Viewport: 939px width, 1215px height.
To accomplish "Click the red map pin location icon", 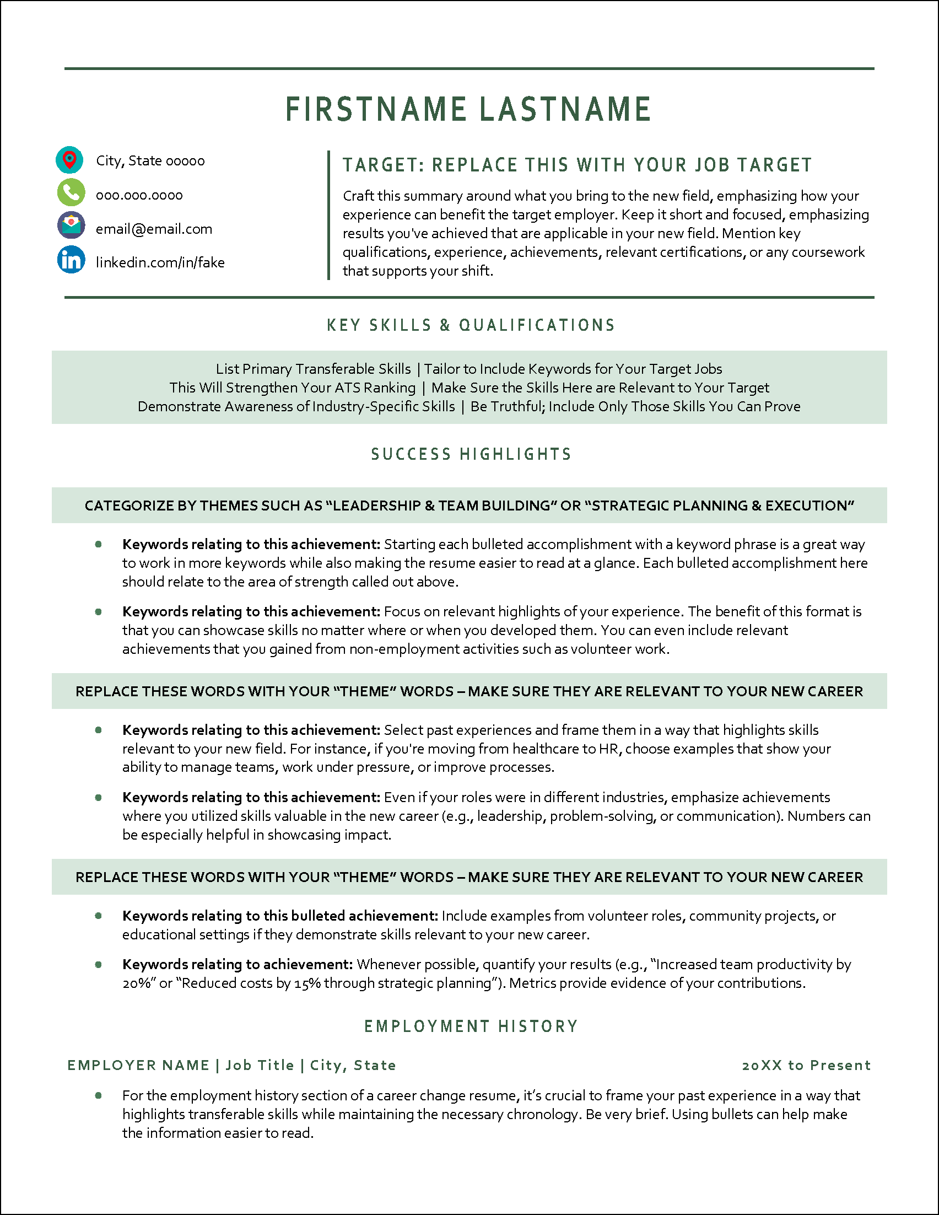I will pyautogui.click(x=69, y=160).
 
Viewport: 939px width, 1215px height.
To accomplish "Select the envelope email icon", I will pyautogui.click(x=71, y=226).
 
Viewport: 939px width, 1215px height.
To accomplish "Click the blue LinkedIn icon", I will pyautogui.click(x=71, y=260).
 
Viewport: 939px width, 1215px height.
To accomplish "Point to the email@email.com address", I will pyautogui.click(x=154, y=229).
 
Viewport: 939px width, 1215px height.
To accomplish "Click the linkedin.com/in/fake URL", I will pyautogui.click(x=160, y=262).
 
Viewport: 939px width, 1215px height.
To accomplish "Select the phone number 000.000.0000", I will pyautogui.click(x=139, y=195).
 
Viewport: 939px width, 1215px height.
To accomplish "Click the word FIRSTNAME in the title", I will pyautogui.click(x=376, y=109).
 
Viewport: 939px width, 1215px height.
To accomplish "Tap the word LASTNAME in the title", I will pyautogui.click(x=565, y=109).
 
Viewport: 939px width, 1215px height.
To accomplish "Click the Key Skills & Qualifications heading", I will pyautogui.click(x=471, y=325).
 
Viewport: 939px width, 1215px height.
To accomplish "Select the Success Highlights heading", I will pyautogui.click(x=471, y=454).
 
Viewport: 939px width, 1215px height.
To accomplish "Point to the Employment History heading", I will pyautogui.click(x=471, y=1026).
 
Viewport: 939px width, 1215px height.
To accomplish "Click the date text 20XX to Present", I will pyautogui.click(x=806, y=1066).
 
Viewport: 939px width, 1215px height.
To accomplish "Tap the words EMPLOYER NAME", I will pyautogui.click(x=138, y=1066).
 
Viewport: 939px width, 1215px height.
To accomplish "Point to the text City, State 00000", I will pyautogui.click(x=150, y=161).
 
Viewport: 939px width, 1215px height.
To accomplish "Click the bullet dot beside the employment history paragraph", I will pyautogui.click(x=99, y=1095).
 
